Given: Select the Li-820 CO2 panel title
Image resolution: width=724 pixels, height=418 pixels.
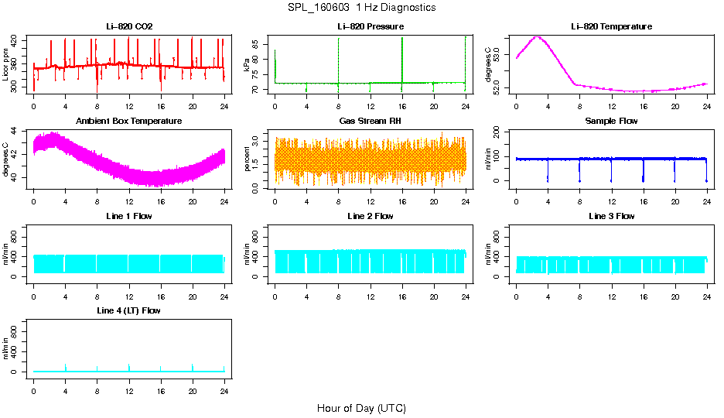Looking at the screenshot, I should [129, 26].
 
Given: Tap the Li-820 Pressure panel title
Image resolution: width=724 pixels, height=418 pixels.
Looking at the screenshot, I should [370, 26].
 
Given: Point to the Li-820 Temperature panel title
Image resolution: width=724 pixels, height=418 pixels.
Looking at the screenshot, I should [611, 26].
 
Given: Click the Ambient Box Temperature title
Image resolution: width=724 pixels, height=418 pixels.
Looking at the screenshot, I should [129, 122].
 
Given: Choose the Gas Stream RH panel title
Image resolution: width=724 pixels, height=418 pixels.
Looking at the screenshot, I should [370, 122].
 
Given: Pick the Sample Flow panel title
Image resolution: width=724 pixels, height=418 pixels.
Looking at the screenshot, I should [611, 122].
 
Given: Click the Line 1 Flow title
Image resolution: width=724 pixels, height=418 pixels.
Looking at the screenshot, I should [129, 216].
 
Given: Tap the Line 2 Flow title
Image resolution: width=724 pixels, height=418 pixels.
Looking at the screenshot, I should [370, 216].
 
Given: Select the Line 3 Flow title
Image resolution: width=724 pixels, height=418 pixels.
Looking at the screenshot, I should [611, 216].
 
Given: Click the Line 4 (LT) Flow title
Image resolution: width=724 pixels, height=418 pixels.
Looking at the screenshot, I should [129, 310].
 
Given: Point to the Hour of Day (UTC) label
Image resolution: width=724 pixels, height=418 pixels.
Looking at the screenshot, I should [361, 408].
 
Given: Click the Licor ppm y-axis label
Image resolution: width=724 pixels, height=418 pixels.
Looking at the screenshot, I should [6, 64].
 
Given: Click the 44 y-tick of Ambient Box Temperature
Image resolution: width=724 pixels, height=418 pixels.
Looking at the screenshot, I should [16, 132].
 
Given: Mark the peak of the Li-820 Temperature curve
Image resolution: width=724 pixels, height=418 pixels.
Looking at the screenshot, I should [537, 37].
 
